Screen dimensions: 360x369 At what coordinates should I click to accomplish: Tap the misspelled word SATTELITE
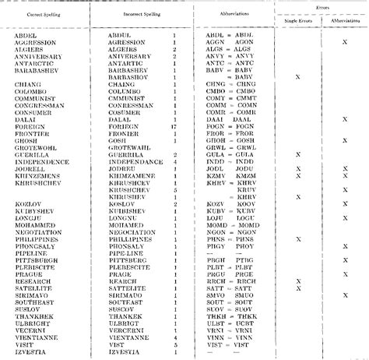[131, 290]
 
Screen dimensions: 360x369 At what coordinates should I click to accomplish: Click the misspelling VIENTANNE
[133, 337]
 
